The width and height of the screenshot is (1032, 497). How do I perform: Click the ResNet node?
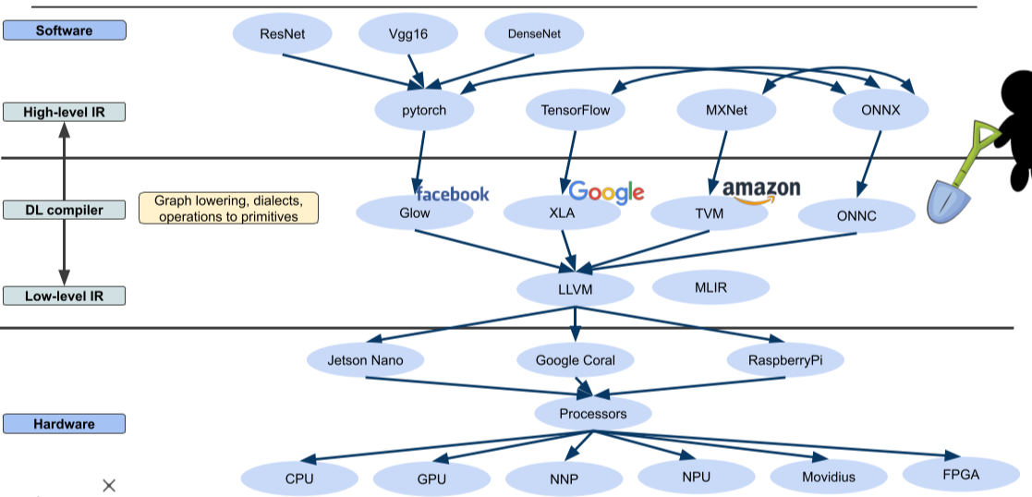283,35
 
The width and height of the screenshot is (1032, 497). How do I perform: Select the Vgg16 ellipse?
408,35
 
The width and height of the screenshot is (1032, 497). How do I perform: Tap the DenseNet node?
534,35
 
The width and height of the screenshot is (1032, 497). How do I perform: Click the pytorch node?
424,111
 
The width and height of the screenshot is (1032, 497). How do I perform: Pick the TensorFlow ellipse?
575,111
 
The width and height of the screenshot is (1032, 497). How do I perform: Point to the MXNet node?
726,111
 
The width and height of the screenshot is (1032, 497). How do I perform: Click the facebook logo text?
453,194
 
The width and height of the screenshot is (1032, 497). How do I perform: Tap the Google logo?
606,192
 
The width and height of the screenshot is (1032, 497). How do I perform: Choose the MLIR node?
710,287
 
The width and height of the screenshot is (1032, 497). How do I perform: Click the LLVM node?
575,289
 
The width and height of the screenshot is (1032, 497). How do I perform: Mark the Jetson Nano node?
365,359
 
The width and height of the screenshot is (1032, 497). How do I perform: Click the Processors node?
592,413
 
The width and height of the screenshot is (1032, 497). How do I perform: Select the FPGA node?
961,475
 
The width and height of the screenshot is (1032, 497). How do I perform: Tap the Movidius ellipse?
828,477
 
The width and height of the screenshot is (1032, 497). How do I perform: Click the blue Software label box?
64,30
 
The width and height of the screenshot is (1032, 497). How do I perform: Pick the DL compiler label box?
64,210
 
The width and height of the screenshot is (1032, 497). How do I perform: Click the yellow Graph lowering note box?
228,208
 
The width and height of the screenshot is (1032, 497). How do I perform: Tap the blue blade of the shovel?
948,202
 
